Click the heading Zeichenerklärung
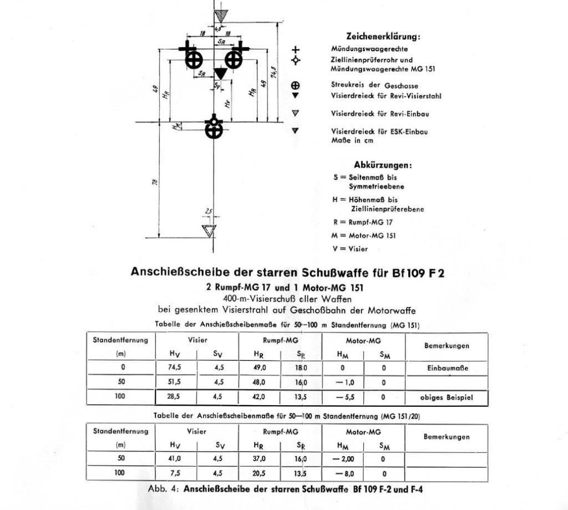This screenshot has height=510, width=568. (x=383, y=37)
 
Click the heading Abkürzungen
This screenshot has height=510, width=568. (x=383, y=165)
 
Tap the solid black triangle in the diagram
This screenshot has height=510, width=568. (x=221, y=73)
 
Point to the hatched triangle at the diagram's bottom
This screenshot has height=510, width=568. (x=209, y=230)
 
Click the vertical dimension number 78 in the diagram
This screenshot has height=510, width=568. (x=155, y=181)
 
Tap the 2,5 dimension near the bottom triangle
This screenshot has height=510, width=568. (x=208, y=211)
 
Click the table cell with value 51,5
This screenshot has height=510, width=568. (x=175, y=382)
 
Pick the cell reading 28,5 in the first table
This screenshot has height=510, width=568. (x=175, y=397)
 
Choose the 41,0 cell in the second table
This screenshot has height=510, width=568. (x=175, y=458)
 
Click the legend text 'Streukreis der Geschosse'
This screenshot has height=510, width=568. (x=374, y=86)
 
